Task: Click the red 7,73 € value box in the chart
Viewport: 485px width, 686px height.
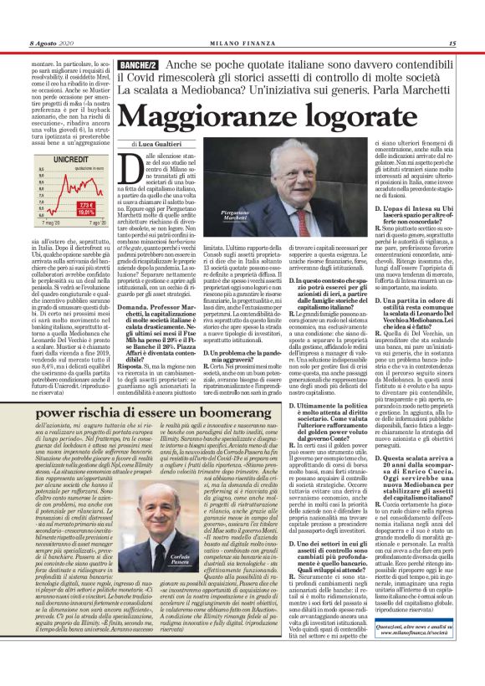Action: click(x=86, y=205)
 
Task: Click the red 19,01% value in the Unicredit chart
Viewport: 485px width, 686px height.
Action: click(x=85, y=212)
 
